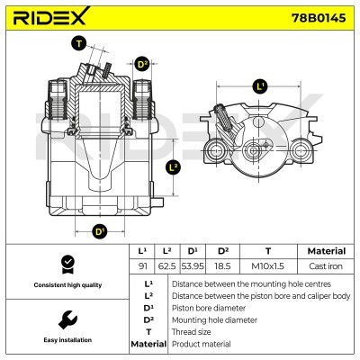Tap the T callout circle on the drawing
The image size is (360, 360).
(x=79, y=43)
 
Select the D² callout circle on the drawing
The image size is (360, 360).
(x=142, y=64)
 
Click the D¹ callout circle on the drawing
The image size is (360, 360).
(x=100, y=231)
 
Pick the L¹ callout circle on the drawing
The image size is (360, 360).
(x=261, y=86)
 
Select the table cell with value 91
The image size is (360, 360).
(x=142, y=266)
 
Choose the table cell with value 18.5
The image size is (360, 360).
(x=219, y=266)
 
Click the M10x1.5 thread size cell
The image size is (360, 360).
(x=268, y=266)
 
